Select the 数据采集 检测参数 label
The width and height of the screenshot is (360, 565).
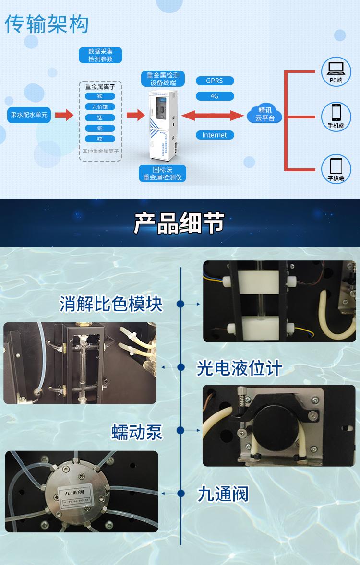100,55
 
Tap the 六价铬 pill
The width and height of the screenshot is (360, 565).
100,106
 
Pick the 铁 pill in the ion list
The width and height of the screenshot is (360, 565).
100,96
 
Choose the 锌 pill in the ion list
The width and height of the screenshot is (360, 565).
100,139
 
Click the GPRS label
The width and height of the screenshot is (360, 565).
215,81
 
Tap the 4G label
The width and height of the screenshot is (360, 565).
215,96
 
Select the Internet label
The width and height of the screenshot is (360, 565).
215,135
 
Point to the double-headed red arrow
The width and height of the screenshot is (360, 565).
213,115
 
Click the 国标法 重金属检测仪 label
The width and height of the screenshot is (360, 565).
162,174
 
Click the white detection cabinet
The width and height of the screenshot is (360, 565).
163,126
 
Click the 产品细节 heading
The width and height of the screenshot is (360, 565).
179,223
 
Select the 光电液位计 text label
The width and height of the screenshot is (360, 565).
240,368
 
